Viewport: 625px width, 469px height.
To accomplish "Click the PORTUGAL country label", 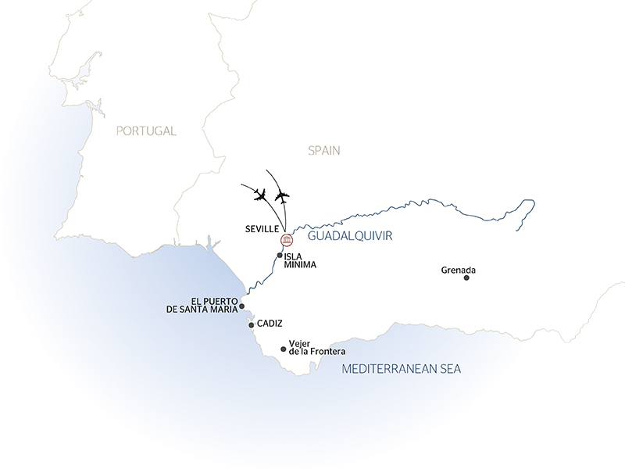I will pos(146,131).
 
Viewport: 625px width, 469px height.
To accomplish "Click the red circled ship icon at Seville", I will pos(286,238).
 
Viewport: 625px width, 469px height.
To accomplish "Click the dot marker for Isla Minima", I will pos(280,255).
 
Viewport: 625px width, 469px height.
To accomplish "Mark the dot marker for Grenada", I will pos(466,277).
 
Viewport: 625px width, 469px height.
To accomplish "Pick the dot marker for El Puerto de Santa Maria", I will pos(242,306).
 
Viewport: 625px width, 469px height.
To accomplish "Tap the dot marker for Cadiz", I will pos(251,324).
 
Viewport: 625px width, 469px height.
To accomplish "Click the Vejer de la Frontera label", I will pos(316,347).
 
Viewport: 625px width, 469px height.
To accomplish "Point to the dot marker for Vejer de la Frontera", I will pos(283,349).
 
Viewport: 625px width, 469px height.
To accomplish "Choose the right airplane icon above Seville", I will pos(282,195).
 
